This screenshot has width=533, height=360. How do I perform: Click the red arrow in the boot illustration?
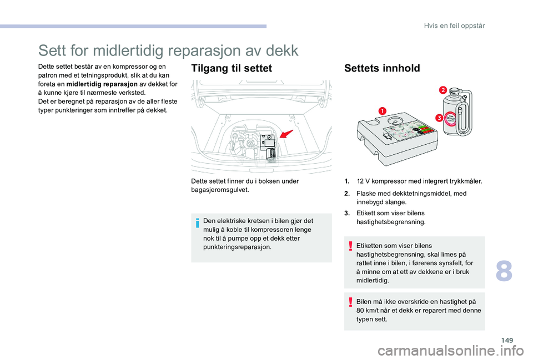(286, 134)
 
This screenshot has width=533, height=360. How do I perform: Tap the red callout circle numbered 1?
(383, 111)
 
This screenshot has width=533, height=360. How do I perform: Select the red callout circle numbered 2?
(443, 90)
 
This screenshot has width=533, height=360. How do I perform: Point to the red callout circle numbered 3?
(439, 118)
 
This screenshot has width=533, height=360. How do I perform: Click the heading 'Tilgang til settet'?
(232, 68)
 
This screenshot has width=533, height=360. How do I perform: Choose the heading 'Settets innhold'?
(382, 68)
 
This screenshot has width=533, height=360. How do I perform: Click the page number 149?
(507, 340)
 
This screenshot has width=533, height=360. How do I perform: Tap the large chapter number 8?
(504, 271)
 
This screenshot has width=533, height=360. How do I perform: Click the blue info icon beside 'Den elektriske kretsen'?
(198, 223)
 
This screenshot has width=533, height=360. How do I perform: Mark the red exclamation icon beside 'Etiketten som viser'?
(350, 246)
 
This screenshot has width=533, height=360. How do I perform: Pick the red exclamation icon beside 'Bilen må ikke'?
(350, 302)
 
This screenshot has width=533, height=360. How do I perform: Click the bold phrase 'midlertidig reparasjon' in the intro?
(102, 84)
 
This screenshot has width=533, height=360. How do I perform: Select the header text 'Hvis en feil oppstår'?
(455, 26)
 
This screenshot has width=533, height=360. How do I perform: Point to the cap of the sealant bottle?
(454, 91)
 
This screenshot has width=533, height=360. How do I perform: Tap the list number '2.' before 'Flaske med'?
(347, 194)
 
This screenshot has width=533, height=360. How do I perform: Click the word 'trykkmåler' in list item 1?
(465, 181)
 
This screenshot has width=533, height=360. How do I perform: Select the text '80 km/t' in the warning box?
(367, 311)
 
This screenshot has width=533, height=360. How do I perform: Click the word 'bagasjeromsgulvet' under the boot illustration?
(220, 190)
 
